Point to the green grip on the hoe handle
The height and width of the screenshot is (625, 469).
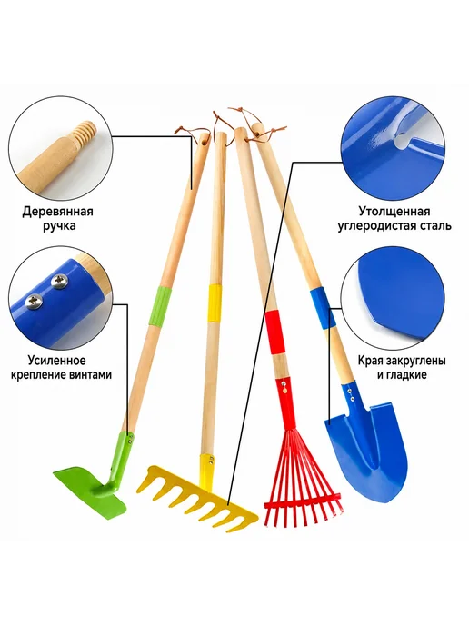[160, 306]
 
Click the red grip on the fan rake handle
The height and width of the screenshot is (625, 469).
[276, 332]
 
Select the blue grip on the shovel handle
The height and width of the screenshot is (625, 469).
[322, 307]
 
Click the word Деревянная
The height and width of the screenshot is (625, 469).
[57, 212]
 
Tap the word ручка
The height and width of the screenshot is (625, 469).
[57, 225]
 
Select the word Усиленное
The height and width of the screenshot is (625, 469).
[56, 361]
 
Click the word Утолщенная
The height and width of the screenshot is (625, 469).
[394, 212]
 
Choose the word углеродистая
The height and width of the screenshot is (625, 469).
[375, 225]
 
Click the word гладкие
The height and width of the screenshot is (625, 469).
[406, 374]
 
